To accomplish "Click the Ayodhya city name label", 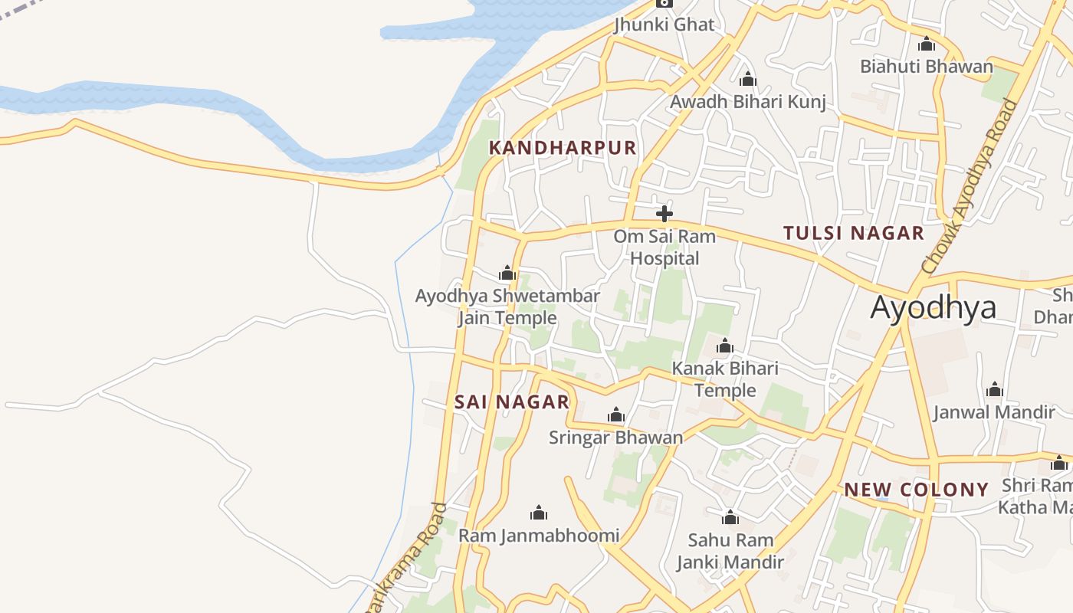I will [933, 307].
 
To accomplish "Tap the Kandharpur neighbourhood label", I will [563, 148].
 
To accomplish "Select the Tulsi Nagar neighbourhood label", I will [854, 233].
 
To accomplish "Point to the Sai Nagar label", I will [512, 402].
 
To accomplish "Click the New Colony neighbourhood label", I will [917, 490].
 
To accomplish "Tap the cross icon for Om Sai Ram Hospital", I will [664, 214].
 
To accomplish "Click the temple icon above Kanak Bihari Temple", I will [725, 346].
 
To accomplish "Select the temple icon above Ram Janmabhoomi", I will [539, 513].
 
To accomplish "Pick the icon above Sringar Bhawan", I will [616, 415].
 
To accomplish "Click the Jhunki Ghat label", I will [664, 25].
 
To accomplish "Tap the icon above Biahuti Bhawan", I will [927, 44].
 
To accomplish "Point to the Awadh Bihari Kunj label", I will [748, 102].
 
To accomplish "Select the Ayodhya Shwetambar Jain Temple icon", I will [507, 273].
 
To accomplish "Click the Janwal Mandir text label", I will [994, 412].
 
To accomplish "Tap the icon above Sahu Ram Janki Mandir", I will [730, 518].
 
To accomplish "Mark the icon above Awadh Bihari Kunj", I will [748, 79].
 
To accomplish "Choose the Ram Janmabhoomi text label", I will [539, 535].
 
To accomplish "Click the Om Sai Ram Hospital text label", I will [664, 247].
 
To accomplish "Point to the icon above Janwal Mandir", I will [995, 390].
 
